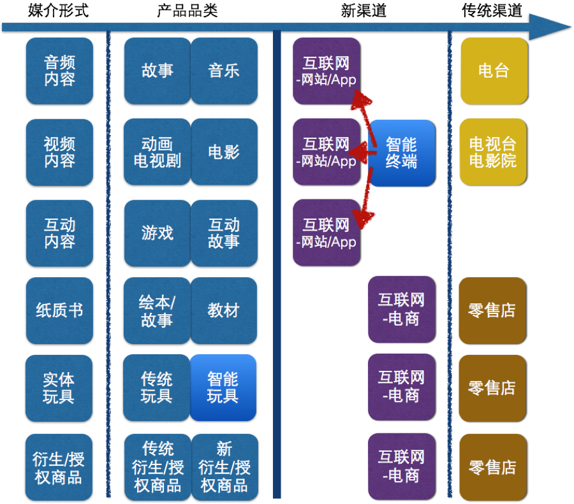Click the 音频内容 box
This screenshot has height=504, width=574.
(x=59, y=71)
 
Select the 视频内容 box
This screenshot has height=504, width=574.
(x=59, y=152)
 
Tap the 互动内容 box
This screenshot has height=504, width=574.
(x=59, y=233)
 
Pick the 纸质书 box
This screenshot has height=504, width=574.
(x=59, y=311)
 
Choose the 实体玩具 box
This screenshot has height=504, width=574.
(x=59, y=388)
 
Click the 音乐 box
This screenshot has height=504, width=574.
(x=224, y=71)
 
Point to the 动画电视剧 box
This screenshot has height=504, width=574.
(x=157, y=152)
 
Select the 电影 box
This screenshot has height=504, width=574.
(x=224, y=152)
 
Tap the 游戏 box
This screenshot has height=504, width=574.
(x=157, y=233)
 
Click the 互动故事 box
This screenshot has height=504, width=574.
(x=224, y=233)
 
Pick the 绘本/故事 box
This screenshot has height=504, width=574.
(x=157, y=311)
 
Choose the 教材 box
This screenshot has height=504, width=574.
(x=224, y=311)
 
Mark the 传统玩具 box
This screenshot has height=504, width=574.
(x=157, y=388)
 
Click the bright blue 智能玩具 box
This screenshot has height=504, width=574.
(x=223, y=388)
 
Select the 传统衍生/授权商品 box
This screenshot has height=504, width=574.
(x=158, y=467)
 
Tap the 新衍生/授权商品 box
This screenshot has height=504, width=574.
(x=224, y=467)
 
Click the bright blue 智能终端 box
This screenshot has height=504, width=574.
(x=402, y=153)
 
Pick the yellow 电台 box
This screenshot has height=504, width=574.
(x=494, y=71)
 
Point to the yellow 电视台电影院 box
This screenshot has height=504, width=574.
(x=493, y=152)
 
